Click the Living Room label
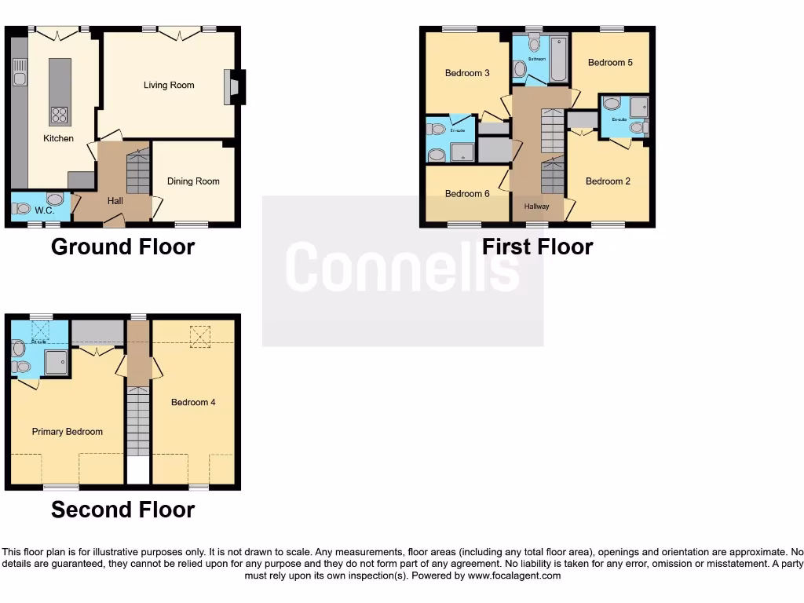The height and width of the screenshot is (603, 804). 168,85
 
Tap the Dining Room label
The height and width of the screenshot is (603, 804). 193,181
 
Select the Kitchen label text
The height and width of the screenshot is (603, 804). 58,138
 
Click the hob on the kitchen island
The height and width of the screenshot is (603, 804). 59,115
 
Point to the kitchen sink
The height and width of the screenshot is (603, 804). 20,78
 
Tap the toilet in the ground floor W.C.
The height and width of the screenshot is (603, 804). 23,209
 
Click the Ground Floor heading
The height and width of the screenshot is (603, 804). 122,247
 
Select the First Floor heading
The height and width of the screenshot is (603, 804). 537,247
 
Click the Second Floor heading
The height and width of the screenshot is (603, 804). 122,510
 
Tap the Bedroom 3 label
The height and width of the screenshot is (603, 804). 467,73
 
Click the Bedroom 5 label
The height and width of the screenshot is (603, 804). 610,63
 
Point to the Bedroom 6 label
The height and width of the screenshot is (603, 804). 467,194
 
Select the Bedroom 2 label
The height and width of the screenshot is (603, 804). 608,181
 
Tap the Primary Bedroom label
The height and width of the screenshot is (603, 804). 67,432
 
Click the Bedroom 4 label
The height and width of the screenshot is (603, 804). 193,403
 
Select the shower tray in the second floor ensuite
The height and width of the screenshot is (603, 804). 56,362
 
